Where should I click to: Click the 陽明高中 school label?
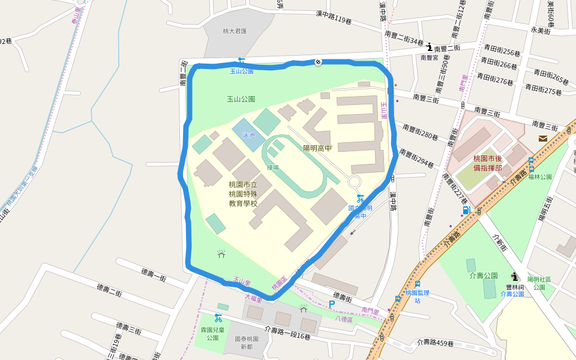click(x=317, y=148)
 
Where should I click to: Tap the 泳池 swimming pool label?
click(x=248, y=136)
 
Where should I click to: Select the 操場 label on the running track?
click(x=273, y=167)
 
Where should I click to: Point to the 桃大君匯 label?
click(x=235, y=31)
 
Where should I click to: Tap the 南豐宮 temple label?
click(x=430, y=58)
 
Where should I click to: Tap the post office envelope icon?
click(x=542, y=139)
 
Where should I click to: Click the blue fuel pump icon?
click(x=466, y=210)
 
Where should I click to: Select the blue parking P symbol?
click(x=331, y=304)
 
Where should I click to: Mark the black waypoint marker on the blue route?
click(x=318, y=61)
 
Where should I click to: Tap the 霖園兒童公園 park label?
click(x=213, y=334)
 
